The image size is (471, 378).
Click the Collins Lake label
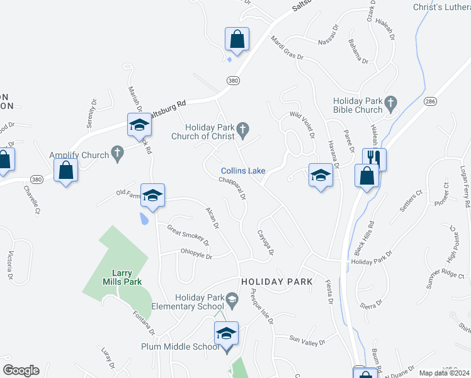click(x=243, y=171)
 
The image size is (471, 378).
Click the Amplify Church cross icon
click(x=116, y=153)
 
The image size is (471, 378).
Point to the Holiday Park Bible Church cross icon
click(x=390, y=101)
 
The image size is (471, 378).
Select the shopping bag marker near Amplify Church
click(x=66, y=170)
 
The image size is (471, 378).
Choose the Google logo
click(x=21, y=370)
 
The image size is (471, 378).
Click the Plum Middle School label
click(x=179, y=346)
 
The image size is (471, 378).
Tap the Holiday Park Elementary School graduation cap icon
click(x=232, y=299)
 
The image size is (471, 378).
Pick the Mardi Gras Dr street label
click(x=287, y=49)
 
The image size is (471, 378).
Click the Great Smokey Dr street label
click(x=187, y=234)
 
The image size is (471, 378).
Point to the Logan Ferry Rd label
click(x=464, y=186)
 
